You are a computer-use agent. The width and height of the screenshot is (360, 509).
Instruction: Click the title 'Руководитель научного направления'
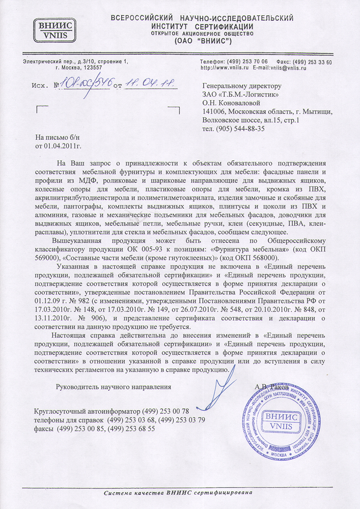[113, 387]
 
